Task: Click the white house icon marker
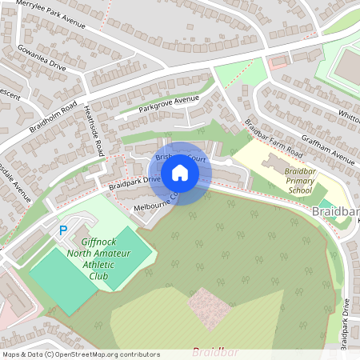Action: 180,173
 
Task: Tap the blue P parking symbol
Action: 63,231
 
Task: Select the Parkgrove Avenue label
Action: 168,104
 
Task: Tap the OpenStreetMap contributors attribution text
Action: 81,354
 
